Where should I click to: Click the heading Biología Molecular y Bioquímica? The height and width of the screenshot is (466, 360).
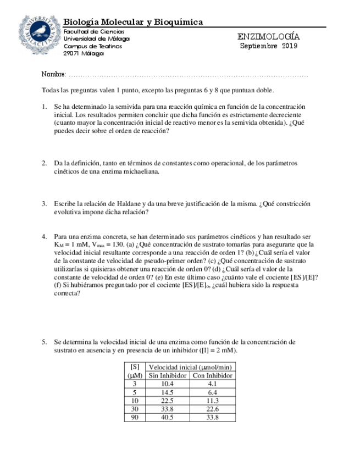pos(133,22)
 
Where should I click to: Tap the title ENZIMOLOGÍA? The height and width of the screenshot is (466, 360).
pos(268,37)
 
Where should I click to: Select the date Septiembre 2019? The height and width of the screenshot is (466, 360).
pos(268,46)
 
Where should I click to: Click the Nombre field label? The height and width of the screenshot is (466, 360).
pos(53,74)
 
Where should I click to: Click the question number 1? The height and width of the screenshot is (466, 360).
pos(44,107)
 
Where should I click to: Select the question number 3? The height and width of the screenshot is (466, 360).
pos(44,204)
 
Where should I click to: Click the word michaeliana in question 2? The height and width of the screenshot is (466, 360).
pos(141,171)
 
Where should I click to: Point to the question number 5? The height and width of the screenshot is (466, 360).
pos(44,342)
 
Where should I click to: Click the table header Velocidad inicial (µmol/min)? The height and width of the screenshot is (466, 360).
pos(190,367)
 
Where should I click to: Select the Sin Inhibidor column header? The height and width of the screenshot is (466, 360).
pos(168,375)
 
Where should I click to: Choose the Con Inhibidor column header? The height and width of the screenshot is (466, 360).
pos(212,375)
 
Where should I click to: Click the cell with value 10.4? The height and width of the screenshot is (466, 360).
pos(168,384)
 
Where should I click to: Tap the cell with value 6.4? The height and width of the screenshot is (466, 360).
pos(212,392)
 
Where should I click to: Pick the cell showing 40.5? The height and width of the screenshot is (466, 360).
pos(168,417)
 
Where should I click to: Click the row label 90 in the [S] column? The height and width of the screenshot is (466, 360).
pos(135,417)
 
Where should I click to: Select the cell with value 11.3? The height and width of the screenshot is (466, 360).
pos(212,401)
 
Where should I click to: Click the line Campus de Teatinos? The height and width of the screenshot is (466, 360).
pos(93,46)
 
